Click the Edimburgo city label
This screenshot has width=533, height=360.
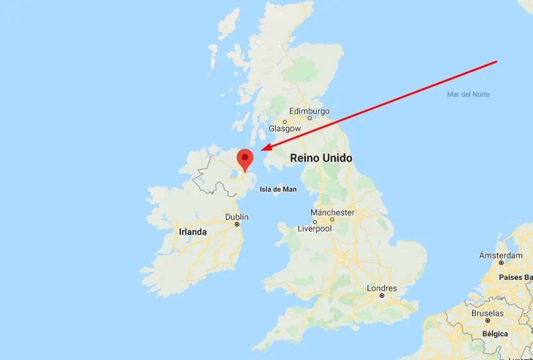click(x=309, y=110)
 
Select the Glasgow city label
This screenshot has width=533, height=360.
click(x=285, y=128)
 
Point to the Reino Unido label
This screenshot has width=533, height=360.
click(x=321, y=158)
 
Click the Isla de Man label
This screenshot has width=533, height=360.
click(x=278, y=189)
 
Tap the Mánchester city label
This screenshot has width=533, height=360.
click(x=332, y=212)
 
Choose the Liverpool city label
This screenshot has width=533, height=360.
click(x=314, y=228)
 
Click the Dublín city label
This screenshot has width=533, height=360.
click(x=237, y=217)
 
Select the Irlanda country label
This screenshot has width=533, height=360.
click(x=192, y=232)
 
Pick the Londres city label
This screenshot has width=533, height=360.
click(x=382, y=288)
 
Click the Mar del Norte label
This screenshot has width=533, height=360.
click(x=468, y=94)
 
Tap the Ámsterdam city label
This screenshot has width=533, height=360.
click(x=501, y=255)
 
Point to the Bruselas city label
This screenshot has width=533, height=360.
click(x=487, y=313)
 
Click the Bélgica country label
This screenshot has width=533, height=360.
click(x=495, y=334)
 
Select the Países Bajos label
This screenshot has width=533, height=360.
click(x=516, y=277)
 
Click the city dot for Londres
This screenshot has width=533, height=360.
click(x=382, y=296)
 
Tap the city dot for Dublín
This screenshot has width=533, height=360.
click(x=237, y=224)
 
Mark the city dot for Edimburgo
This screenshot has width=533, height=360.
click(x=310, y=118)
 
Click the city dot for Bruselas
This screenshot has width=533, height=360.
click(x=487, y=320)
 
